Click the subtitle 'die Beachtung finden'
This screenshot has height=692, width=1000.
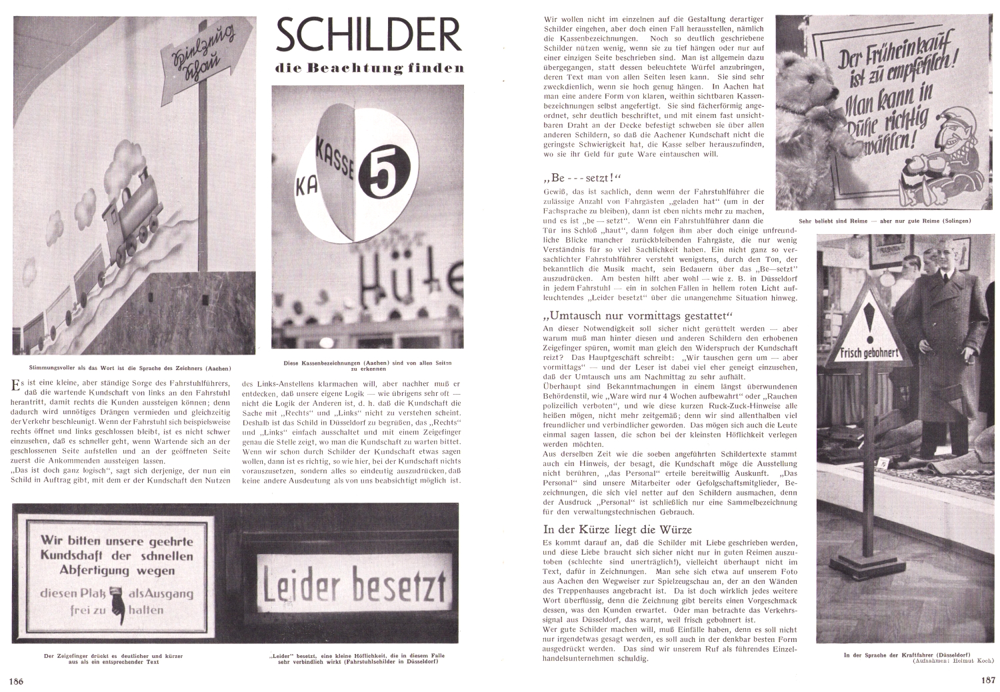pos(369,68)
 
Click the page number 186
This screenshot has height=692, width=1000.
pos(17,681)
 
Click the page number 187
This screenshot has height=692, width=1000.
pos(987,681)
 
